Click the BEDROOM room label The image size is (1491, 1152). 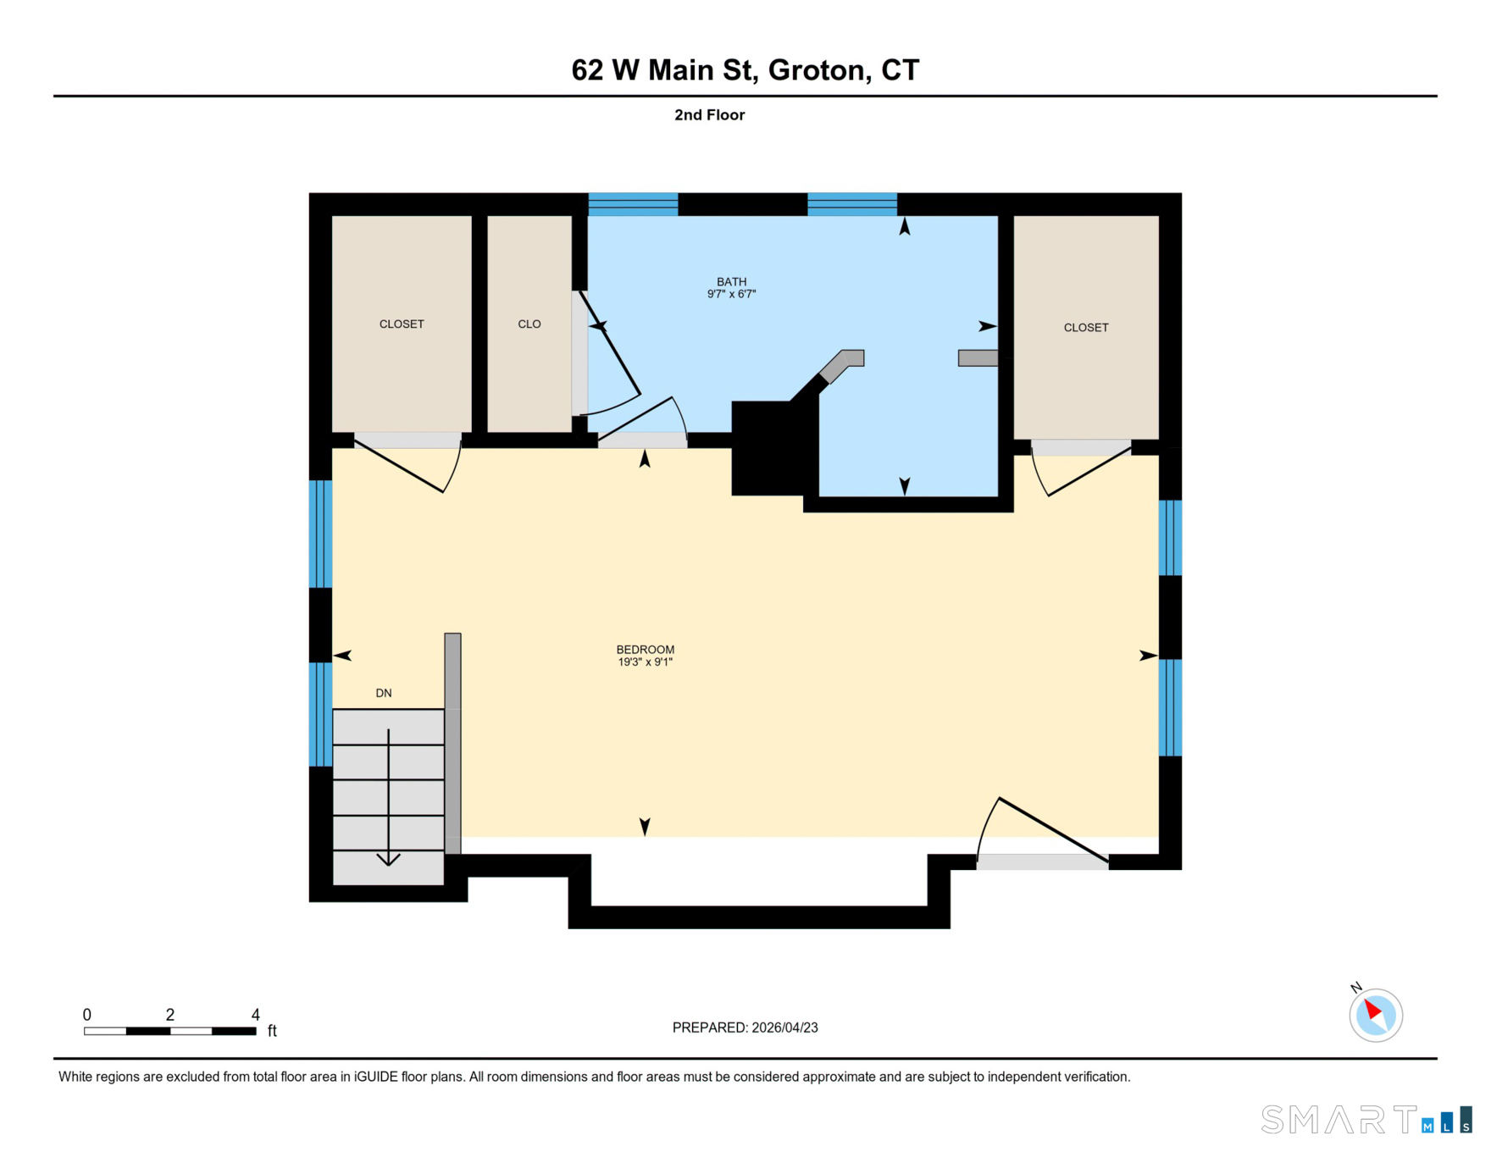pyautogui.click(x=646, y=650)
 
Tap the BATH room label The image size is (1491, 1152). pyautogui.click(x=732, y=282)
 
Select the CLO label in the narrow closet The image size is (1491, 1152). pyautogui.click(x=529, y=324)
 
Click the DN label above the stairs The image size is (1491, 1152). pyautogui.click(x=384, y=693)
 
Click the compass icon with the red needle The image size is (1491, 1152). pyautogui.click(x=1376, y=1015)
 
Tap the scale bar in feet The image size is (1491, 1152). pyautogui.click(x=170, y=1031)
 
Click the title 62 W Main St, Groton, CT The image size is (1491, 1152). pyautogui.click(x=745, y=69)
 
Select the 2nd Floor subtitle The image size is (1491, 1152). pyautogui.click(x=710, y=115)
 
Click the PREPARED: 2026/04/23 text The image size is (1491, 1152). pyautogui.click(x=745, y=1027)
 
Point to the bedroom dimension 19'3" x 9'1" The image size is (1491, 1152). pyautogui.click(x=646, y=662)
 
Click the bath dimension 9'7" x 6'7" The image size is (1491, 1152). pyautogui.click(x=732, y=295)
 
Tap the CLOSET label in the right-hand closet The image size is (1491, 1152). pyautogui.click(x=1086, y=328)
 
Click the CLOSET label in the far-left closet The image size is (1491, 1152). pyautogui.click(x=402, y=324)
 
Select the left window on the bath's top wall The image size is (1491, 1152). pyautogui.click(x=634, y=204)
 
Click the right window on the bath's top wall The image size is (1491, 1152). pyautogui.click(x=852, y=204)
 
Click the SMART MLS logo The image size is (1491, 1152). pyautogui.click(x=1366, y=1119)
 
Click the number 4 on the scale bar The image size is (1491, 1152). pyautogui.click(x=256, y=1015)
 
